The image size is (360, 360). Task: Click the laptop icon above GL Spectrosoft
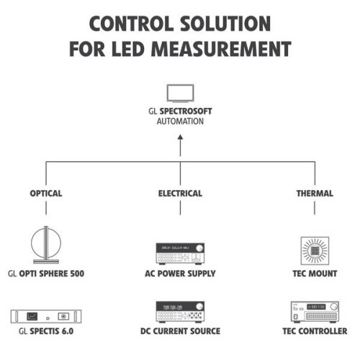(x=180, y=94)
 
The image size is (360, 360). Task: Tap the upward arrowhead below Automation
(x=180, y=138)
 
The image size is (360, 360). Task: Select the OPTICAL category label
(x=46, y=194)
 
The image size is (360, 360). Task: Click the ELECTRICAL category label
(x=180, y=194)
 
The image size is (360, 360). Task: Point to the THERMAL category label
(x=315, y=194)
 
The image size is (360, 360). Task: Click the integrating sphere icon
(x=46, y=245)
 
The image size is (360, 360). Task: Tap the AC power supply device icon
(x=180, y=253)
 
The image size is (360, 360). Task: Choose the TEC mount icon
(x=315, y=251)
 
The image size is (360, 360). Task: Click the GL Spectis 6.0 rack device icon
(x=46, y=316)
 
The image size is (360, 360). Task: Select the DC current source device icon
(x=180, y=312)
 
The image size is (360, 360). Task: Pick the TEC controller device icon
(x=315, y=312)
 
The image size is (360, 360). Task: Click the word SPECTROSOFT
(x=186, y=111)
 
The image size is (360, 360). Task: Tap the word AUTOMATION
(x=180, y=121)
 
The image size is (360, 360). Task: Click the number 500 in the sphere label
(x=76, y=274)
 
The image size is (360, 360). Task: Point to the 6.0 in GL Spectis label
(x=68, y=331)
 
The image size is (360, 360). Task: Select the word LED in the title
(x=127, y=49)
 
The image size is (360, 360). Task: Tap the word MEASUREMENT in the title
(x=221, y=49)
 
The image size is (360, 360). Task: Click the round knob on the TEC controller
(x=334, y=307)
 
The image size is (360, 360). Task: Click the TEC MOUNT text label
(x=315, y=274)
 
